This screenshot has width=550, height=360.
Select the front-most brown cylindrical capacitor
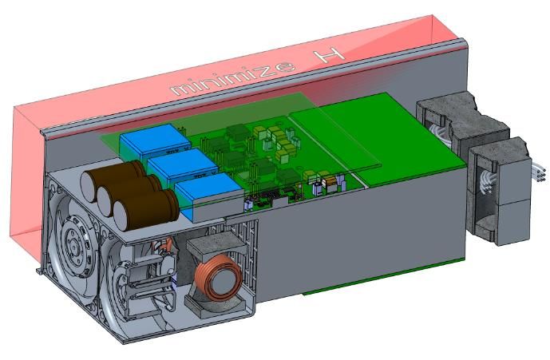(145, 210)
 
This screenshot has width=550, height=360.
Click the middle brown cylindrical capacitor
(128, 195)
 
